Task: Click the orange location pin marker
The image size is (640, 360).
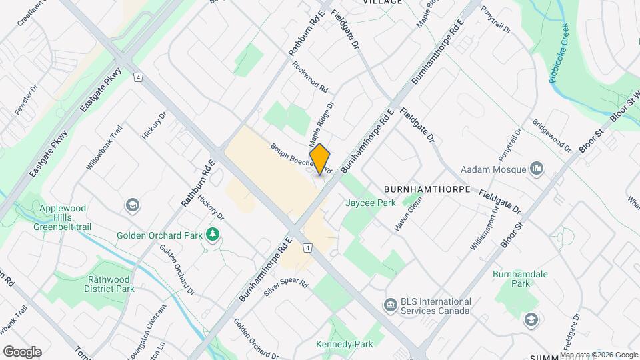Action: [320, 159]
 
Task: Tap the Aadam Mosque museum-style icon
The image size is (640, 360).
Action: [536, 168]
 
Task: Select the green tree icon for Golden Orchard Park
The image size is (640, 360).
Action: [213, 235]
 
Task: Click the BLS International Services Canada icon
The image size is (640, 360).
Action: [389, 305]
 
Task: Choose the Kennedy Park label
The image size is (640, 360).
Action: [344, 344]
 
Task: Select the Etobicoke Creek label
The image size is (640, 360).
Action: [558, 63]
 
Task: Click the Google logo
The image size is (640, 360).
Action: [22, 351]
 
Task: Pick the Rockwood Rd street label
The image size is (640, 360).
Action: [310, 77]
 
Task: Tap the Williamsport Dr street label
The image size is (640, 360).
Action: [485, 228]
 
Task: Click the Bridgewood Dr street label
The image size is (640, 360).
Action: [551, 135]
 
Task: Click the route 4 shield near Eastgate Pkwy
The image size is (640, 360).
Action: [137, 77]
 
